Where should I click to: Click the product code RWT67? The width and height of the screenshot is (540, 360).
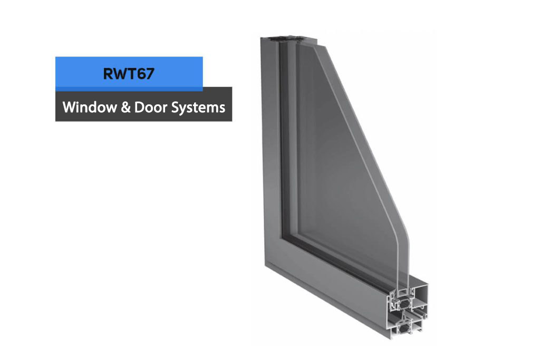(129, 74)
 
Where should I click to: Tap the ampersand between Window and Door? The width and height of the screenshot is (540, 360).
(126, 108)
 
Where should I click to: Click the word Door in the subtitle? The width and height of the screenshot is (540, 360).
(150, 107)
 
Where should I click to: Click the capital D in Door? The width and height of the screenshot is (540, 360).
(139, 108)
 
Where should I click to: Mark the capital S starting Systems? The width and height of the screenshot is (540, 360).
(175, 108)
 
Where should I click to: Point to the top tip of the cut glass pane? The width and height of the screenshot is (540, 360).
(315, 45)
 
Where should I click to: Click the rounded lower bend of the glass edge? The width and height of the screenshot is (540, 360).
(404, 230)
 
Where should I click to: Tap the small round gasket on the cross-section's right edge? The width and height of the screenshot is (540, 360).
(426, 315)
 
